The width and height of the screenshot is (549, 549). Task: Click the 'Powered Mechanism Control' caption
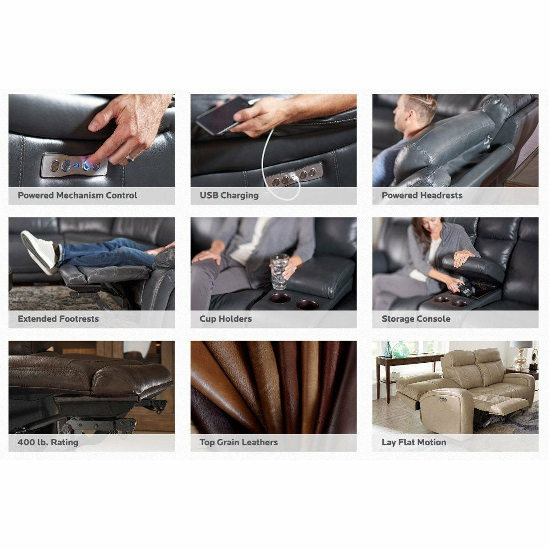click(x=77, y=196)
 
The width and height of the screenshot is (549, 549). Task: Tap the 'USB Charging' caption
click(x=229, y=196)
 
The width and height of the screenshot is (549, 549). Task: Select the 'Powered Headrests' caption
click(x=422, y=196)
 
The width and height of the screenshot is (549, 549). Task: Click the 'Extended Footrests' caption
click(x=58, y=319)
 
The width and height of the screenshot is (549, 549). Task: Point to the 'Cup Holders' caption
click(x=226, y=319)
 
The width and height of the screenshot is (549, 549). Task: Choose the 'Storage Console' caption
click(x=416, y=319)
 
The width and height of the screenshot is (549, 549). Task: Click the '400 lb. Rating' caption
click(x=48, y=442)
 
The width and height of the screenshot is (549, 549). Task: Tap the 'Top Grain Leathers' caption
click(x=239, y=442)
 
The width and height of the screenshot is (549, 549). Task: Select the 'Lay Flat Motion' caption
click(x=414, y=442)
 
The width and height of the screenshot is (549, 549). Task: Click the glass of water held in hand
click(x=279, y=272)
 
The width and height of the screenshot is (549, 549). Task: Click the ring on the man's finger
click(x=129, y=158)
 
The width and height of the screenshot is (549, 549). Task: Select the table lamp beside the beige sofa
click(x=521, y=354)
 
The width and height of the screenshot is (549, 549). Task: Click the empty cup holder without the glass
click(x=307, y=304)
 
